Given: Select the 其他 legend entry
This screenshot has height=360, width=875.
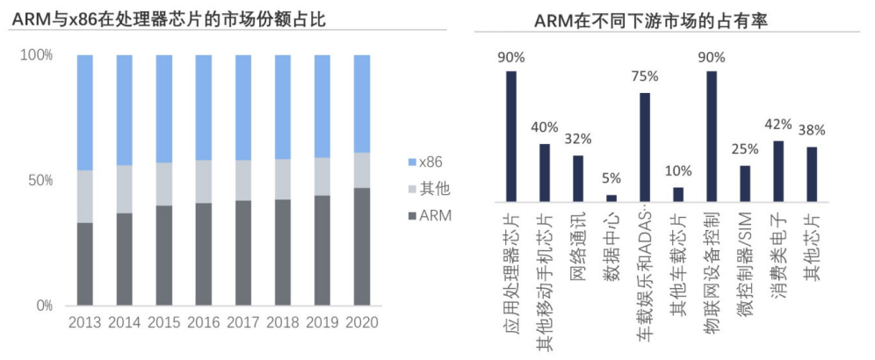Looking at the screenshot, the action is pyautogui.click(x=429, y=189).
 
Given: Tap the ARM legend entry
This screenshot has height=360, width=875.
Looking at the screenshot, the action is pyautogui.click(x=430, y=215).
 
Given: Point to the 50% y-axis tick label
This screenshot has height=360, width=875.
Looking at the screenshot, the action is pyautogui.click(x=40, y=180).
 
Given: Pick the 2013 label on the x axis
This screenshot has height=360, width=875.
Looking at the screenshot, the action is pyautogui.click(x=85, y=322).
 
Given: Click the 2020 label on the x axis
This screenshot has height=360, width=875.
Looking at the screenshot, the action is pyautogui.click(x=362, y=322).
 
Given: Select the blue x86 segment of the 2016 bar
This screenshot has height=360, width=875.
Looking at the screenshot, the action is pyautogui.click(x=204, y=108).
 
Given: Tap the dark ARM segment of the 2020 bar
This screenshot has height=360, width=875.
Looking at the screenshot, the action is pyautogui.click(x=362, y=247).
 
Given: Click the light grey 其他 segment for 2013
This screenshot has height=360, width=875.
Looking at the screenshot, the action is pyautogui.click(x=85, y=197).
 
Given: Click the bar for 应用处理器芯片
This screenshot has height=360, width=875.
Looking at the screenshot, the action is pyautogui.click(x=511, y=136).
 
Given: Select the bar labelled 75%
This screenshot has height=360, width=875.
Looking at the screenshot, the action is pyautogui.click(x=645, y=148).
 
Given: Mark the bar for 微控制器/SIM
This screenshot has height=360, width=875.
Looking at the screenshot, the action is pyautogui.click(x=745, y=184).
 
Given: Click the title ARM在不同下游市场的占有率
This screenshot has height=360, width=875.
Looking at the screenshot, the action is pyautogui.click(x=651, y=21).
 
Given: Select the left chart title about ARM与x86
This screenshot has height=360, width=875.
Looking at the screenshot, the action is pyautogui.click(x=169, y=19).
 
